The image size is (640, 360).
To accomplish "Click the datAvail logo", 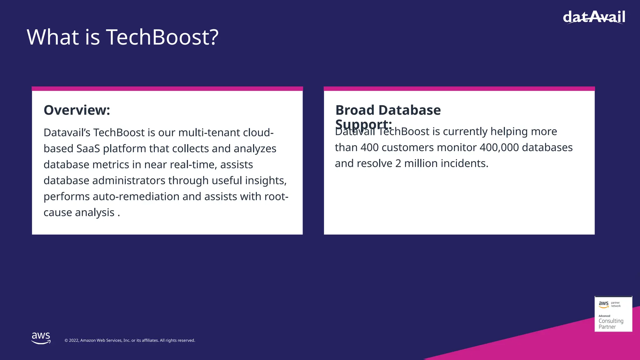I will [x=594, y=17].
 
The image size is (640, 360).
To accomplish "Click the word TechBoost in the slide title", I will [x=162, y=37].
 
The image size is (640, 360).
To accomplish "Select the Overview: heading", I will [x=77, y=110].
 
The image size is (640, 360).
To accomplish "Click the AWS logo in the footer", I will [x=41, y=338].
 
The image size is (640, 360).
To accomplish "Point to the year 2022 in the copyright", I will [x=74, y=340].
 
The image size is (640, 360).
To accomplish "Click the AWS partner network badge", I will [x=613, y=314].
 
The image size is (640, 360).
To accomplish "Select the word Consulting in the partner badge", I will [x=611, y=321].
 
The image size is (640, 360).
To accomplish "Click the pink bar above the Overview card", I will [x=167, y=89].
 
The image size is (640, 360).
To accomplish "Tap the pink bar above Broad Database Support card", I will [x=459, y=89].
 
